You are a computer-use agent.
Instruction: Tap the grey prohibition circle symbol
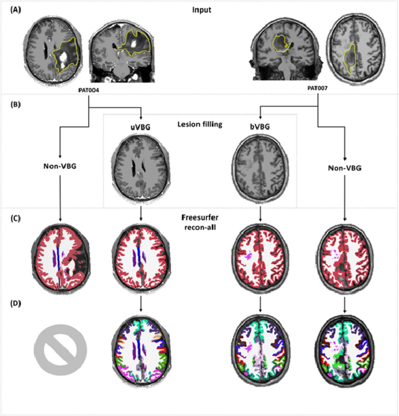60,350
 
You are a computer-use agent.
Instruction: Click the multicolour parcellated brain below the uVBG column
141,349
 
